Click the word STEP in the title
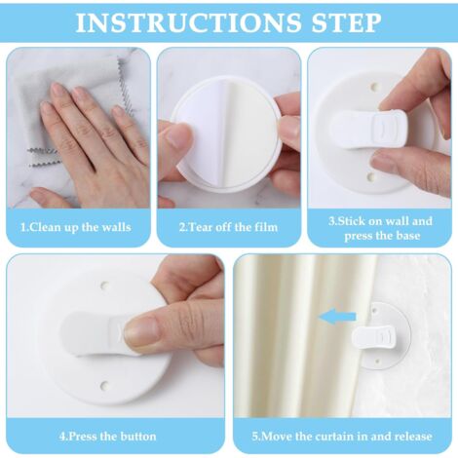point(340,21)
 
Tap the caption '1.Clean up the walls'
point(75,227)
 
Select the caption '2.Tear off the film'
point(228,227)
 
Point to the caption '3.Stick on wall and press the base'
point(380,227)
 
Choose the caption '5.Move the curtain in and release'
point(340,435)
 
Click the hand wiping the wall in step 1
point(93,136)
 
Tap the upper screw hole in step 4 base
point(103,286)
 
